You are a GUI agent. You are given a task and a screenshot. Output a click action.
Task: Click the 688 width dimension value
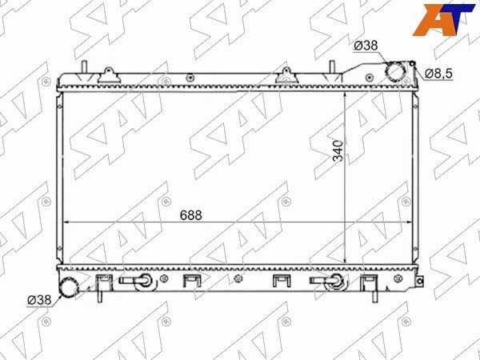click(x=190, y=215)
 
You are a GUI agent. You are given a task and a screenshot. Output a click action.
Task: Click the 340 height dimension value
click(x=338, y=150)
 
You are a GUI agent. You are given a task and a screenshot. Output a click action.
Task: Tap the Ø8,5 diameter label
click(x=438, y=74)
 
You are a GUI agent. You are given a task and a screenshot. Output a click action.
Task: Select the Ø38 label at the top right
click(x=366, y=46)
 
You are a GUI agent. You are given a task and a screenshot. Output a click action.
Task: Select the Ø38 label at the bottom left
click(x=39, y=300)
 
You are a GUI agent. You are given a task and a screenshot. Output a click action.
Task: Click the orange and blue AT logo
click(x=442, y=19)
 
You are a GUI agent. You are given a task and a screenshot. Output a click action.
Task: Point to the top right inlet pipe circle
click(x=395, y=71)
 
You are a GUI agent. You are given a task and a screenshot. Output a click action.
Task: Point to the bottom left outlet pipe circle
click(x=69, y=287)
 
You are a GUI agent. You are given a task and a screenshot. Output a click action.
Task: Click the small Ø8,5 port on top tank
click(x=412, y=63)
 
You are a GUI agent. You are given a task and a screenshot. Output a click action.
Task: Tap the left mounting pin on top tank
click(x=84, y=67)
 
